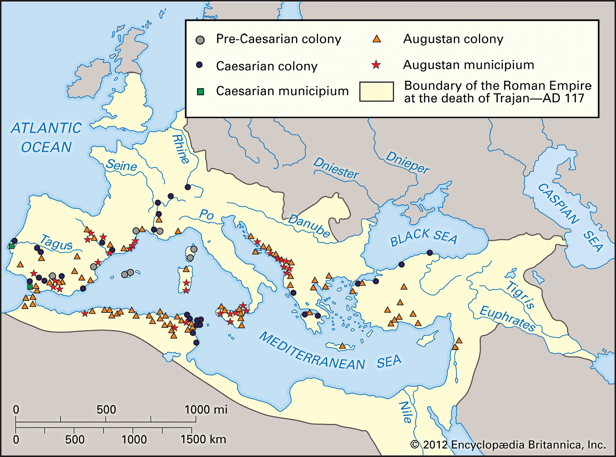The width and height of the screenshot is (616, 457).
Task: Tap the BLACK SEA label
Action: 423,238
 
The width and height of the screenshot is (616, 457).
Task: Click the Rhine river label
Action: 181,149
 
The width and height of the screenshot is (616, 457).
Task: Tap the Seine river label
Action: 121,165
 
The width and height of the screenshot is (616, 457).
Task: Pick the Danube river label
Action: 309,226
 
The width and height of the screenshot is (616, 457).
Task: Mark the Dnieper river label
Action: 407,162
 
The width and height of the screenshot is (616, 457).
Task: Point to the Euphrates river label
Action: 507,318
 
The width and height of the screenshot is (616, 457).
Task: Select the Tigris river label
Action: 520,295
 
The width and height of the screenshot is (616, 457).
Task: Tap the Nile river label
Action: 405,412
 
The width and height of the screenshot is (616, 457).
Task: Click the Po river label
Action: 206,215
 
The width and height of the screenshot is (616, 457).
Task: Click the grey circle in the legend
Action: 200,40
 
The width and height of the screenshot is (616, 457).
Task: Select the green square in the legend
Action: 201,91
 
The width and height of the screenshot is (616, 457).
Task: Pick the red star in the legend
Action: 376,65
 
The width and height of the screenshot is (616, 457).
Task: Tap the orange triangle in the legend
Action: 376,39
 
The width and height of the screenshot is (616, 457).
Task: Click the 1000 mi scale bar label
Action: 206,409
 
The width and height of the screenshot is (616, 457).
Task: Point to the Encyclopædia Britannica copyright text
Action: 508,445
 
